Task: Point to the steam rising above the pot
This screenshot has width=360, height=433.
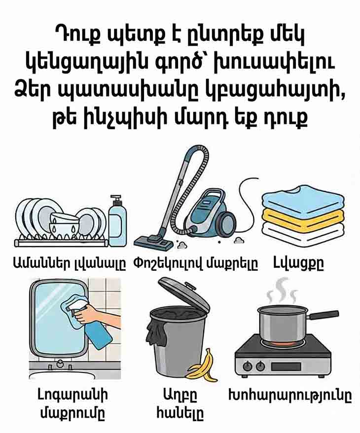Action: coord(281,291)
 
